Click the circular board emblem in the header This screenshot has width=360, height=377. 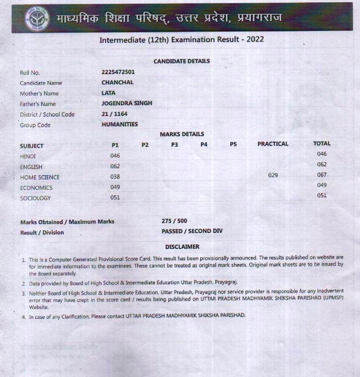[37, 18]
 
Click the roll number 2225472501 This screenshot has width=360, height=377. [118, 72]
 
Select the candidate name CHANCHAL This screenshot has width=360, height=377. [117, 82]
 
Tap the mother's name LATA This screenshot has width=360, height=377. [108, 93]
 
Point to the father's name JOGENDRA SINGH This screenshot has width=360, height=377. [127, 103]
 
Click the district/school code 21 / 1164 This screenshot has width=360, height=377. [115, 114]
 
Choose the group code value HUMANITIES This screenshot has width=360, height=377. [119, 124]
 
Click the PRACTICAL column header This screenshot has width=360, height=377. [273, 144]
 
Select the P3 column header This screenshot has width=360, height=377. [174, 145]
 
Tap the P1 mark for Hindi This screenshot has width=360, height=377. [115, 156]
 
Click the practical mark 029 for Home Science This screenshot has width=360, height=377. [273, 175]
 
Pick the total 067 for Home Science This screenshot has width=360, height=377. [322, 175]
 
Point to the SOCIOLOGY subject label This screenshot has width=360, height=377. [36, 198]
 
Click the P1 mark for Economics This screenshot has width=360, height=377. [115, 187]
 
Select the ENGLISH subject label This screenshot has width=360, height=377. [31, 167]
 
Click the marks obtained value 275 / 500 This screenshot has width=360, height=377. [174, 221]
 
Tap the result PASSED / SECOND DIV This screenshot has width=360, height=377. [192, 231]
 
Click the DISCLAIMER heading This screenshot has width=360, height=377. [182, 247]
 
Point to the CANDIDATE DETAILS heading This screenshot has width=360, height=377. [182, 61]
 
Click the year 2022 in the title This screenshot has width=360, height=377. [254, 39]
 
